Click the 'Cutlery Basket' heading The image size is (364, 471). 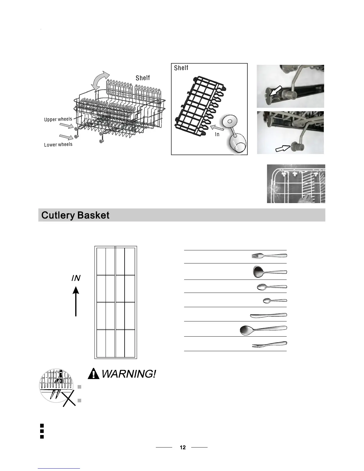coord(75,215)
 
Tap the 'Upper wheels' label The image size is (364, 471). coord(58,119)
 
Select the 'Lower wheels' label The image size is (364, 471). coord(58,145)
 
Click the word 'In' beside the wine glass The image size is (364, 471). coord(217,134)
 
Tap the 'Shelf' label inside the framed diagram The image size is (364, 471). coord(181,68)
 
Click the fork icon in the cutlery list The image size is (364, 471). coord(269,255)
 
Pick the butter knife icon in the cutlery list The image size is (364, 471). coord(269,315)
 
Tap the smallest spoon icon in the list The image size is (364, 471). coord(275,301)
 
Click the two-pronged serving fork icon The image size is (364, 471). coord(269,344)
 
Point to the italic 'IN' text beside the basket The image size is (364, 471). coord(76,278)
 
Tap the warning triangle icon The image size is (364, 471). coord(94,373)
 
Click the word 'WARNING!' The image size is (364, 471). coord(128,373)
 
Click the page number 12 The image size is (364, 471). coord(183,448)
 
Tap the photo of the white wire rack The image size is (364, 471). coord(296,184)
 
